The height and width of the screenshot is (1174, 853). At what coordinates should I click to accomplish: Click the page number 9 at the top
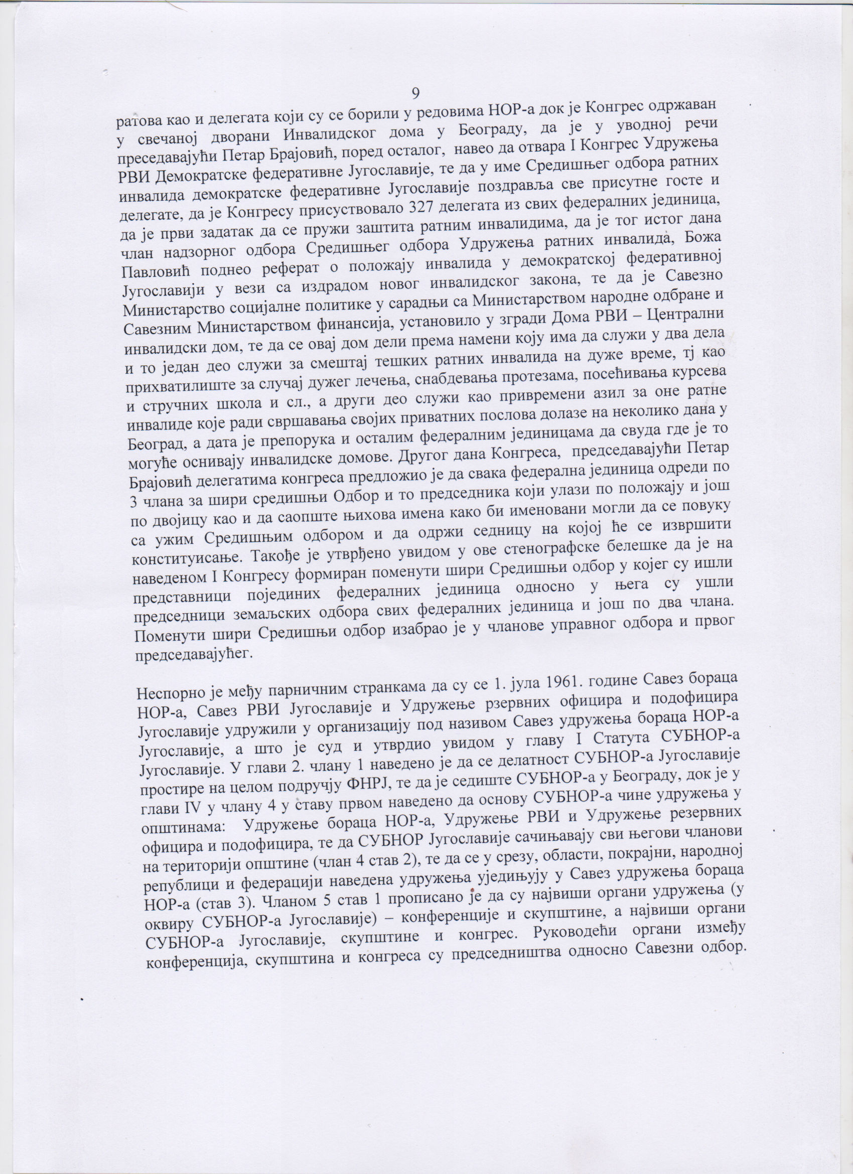tap(415, 94)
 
